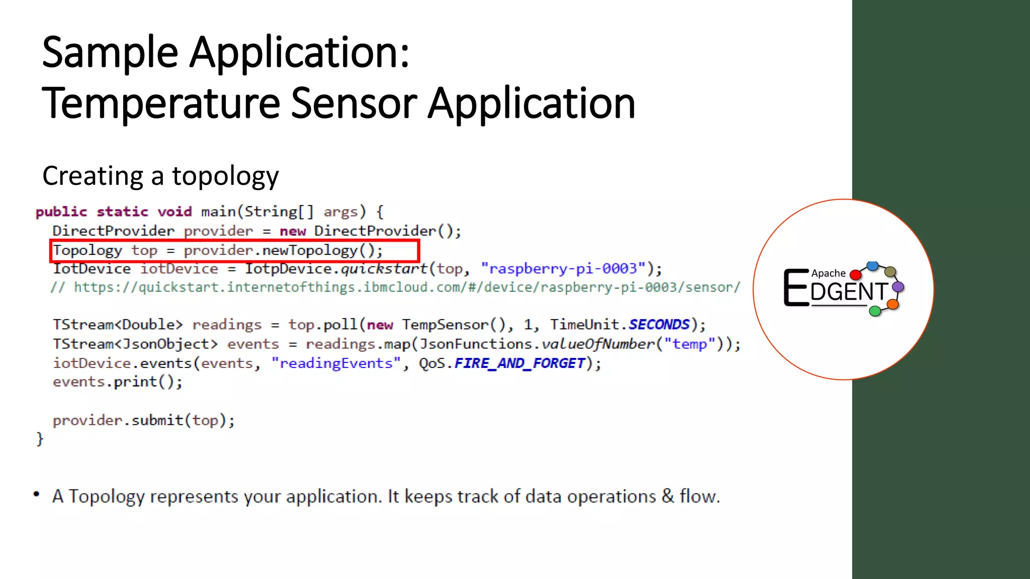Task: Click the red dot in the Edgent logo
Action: (855, 275)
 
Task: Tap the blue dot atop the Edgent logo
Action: (873, 265)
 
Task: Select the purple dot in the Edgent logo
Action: (898, 287)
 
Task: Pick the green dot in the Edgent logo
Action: (875, 311)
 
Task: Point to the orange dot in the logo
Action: (893, 304)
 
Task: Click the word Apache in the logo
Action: (828, 273)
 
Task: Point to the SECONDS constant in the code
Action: (659, 325)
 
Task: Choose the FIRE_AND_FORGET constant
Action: (520, 363)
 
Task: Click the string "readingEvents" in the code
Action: (336, 363)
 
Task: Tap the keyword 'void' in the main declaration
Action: (175, 212)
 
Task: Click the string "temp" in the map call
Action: (690, 344)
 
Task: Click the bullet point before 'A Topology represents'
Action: (36, 494)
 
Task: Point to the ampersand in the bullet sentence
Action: (668, 497)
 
